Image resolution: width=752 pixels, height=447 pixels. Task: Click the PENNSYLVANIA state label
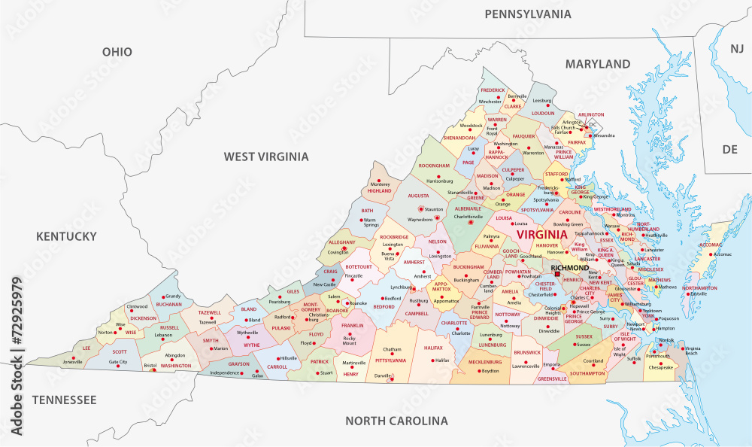pyautogui.click(x=527, y=14)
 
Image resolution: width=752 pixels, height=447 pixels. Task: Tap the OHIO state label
pyautogui.click(x=117, y=52)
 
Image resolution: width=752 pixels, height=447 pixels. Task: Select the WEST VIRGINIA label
pyautogui.click(x=265, y=157)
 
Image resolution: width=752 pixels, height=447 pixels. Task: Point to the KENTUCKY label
pyautogui.click(x=66, y=236)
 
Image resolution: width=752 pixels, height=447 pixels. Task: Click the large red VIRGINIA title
pyautogui.click(x=541, y=235)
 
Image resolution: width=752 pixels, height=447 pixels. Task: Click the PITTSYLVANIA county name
pyautogui.click(x=390, y=361)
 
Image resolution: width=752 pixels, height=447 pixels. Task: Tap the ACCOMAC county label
pyautogui.click(x=711, y=245)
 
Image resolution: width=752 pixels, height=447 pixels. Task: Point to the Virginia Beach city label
pyautogui.click(x=692, y=351)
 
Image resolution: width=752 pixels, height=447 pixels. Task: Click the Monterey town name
pyautogui.click(x=381, y=184)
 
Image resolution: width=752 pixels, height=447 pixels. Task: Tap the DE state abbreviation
pyautogui.click(x=729, y=149)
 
